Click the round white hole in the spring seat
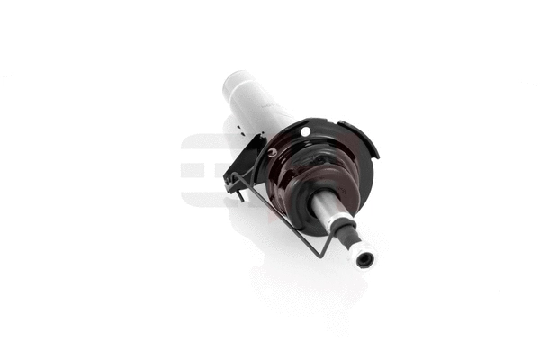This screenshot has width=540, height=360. tap(305, 132)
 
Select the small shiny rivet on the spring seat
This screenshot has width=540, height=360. tap(273, 152)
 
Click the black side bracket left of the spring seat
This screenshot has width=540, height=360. tap(243, 162)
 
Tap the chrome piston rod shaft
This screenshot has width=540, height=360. tap(331, 211)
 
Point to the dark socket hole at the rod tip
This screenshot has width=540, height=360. tap(364, 259)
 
